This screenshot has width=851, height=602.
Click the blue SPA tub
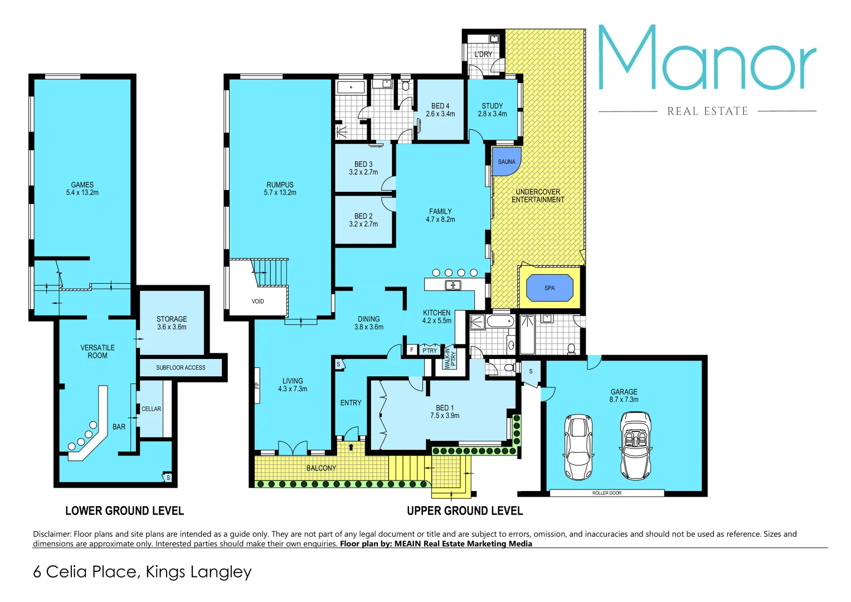(x=549, y=288)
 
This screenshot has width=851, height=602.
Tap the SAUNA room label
(x=507, y=162)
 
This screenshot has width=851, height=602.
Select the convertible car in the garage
(x=636, y=445)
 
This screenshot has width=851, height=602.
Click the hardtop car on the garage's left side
(x=578, y=447)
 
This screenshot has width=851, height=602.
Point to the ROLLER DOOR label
(x=607, y=493)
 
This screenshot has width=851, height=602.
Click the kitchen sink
(x=453, y=285)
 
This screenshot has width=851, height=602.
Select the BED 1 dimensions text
(x=445, y=416)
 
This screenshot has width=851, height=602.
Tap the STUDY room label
(x=492, y=106)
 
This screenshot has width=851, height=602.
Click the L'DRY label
(x=483, y=54)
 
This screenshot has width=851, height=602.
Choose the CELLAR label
(x=151, y=409)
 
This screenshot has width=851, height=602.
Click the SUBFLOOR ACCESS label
(x=181, y=368)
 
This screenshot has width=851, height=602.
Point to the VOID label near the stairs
(x=257, y=302)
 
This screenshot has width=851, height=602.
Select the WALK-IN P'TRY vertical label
(x=450, y=358)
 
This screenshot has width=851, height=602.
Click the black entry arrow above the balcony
(x=351, y=446)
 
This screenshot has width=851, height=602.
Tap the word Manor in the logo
(x=707, y=59)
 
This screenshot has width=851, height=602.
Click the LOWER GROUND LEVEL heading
(x=124, y=511)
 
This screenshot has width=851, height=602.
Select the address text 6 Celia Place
(x=142, y=572)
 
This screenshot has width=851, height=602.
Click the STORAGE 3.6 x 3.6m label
(x=172, y=323)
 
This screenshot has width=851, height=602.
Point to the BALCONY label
(x=321, y=468)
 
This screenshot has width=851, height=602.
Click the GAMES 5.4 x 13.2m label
(x=82, y=188)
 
